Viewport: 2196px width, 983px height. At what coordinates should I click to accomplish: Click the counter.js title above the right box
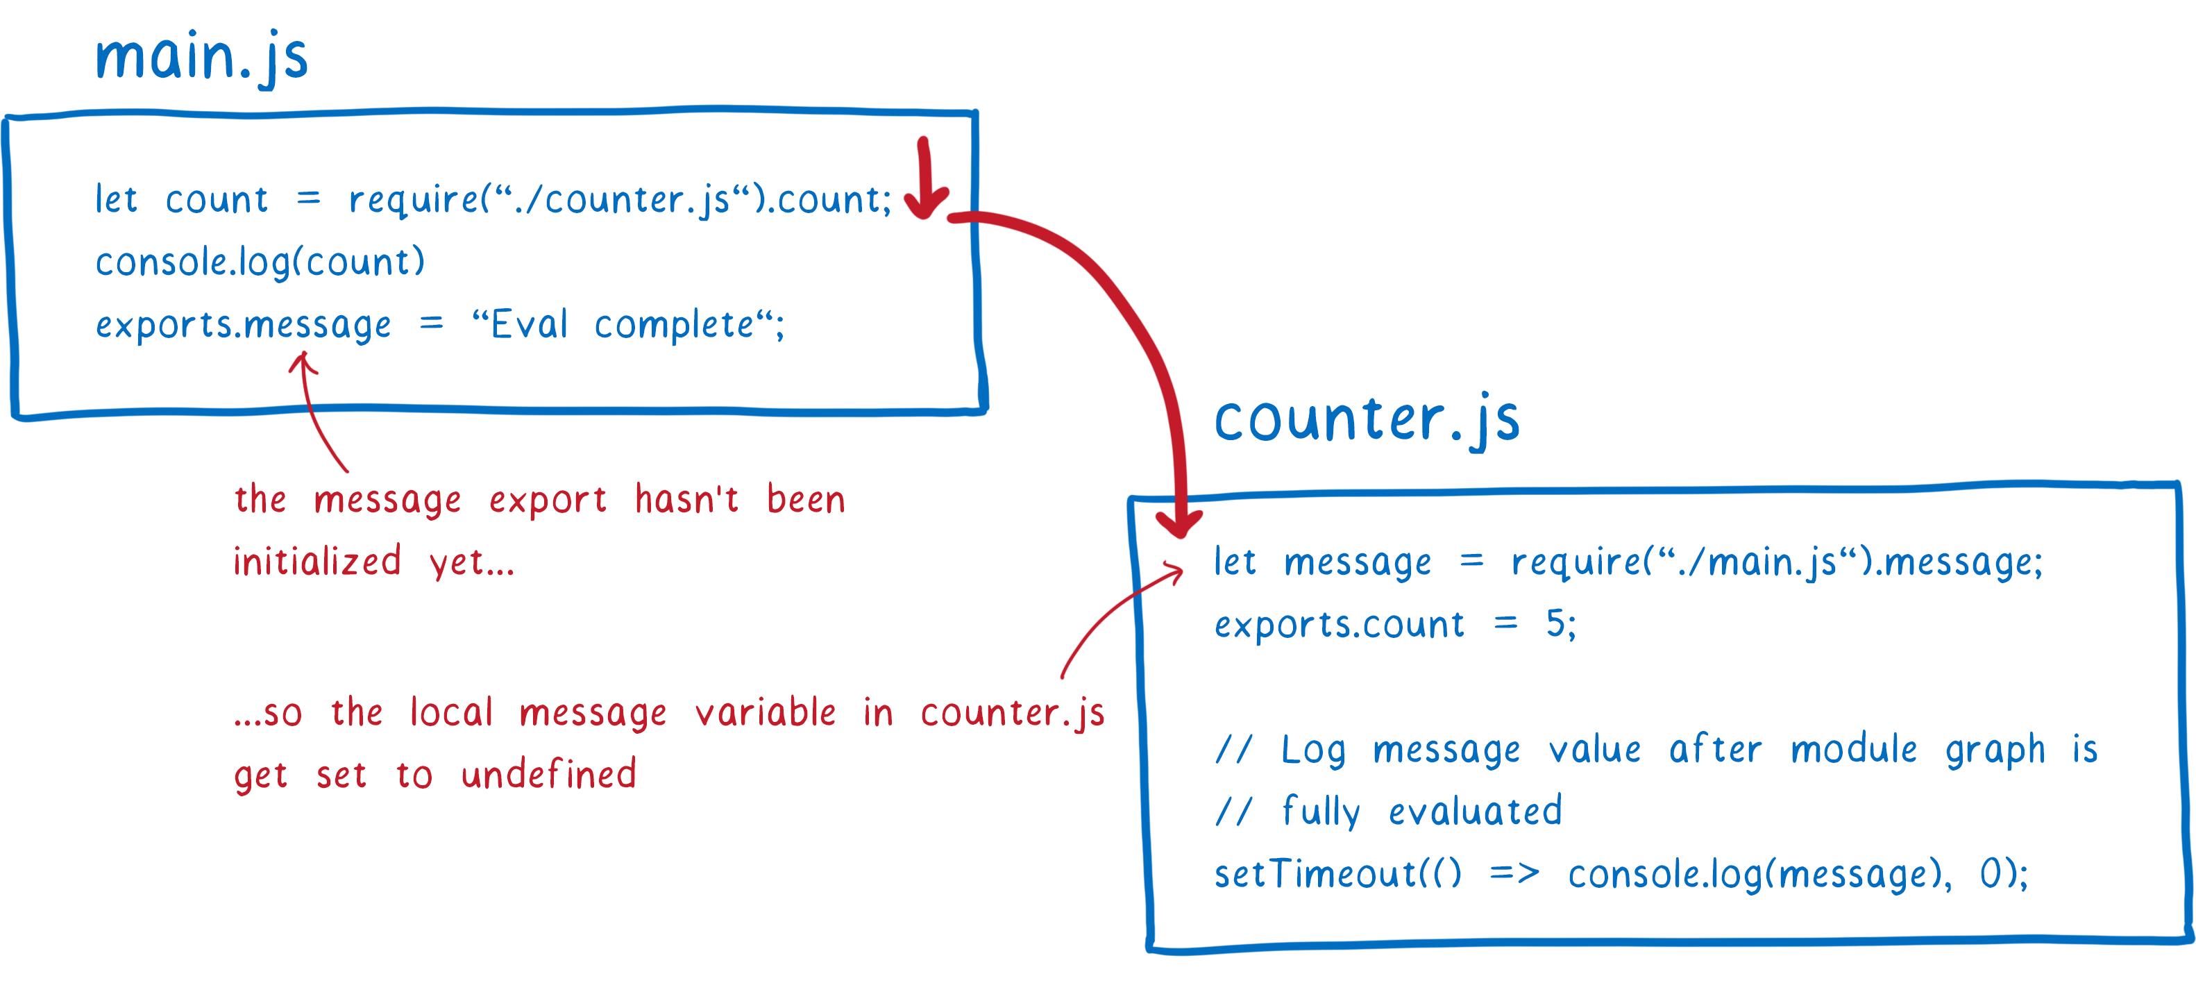tap(1367, 420)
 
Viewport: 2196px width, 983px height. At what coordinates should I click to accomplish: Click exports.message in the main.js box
tap(243, 326)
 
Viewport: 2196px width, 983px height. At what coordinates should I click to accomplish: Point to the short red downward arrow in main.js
tap(926, 178)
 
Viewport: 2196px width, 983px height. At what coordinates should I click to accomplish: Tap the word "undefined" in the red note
tap(548, 773)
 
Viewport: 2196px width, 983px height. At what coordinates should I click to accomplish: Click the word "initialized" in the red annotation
tap(317, 562)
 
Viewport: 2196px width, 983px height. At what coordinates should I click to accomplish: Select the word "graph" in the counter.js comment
tap(1995, 751)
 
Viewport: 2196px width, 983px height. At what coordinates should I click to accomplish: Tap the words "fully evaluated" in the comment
tap(1422, 812)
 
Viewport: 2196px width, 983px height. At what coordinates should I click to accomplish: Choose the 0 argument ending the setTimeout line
tap(1990, 874)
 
